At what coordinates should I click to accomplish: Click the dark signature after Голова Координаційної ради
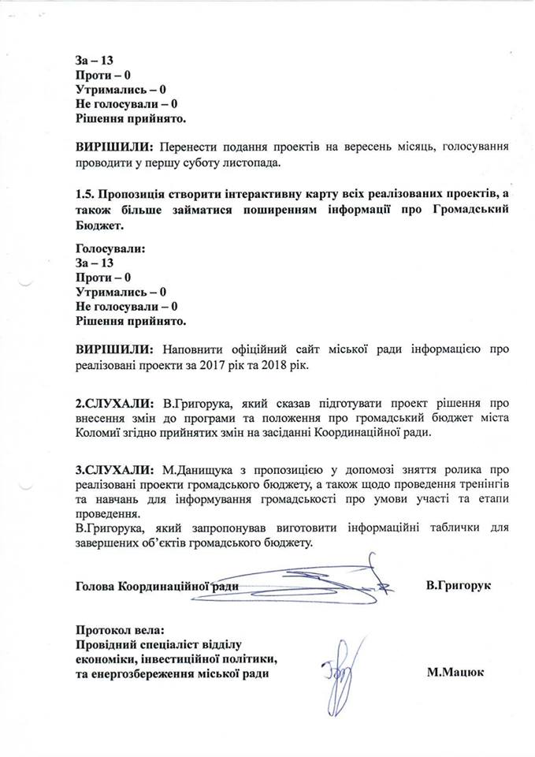pos(315,582)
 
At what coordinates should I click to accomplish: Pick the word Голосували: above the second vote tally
pos(112,248)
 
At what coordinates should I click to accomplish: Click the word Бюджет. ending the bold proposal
pos(100,226)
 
